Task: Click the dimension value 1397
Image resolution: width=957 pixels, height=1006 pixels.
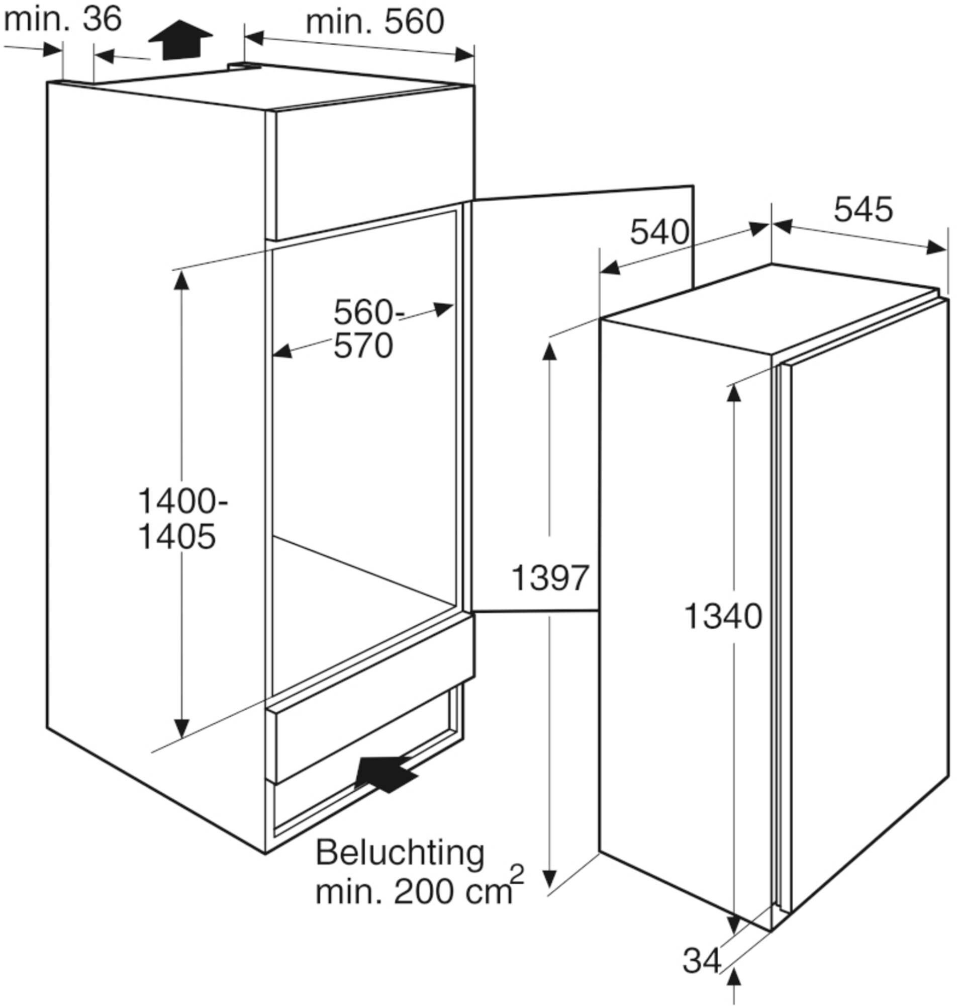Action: click(x=550, y=578)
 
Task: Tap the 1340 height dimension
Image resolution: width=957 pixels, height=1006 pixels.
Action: click(x=722, y=616)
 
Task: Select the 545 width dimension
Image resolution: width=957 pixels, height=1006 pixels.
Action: click(x=864, y=210)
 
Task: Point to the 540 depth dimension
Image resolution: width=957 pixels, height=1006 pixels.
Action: click(x=659, y=232)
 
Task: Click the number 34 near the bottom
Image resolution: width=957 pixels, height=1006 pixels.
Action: click(x=702, y=960)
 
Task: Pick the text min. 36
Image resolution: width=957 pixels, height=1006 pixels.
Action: click(x=63, y=20)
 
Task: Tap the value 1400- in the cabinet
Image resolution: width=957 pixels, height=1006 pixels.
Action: click(x=182, y=501)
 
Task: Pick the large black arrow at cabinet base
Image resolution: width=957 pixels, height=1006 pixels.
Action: click(x=386, y=774)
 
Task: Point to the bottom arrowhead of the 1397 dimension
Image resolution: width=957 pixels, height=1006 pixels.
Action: click(x=549, y=879)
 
